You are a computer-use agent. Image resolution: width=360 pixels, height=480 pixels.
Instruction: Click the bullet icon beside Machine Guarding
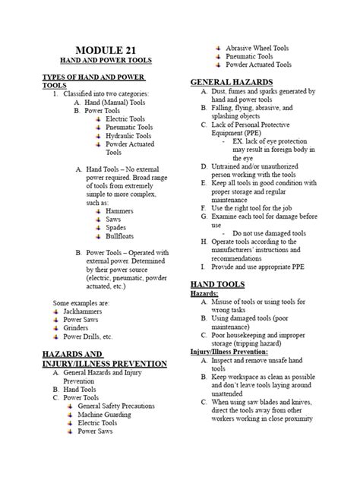tap(69, 416)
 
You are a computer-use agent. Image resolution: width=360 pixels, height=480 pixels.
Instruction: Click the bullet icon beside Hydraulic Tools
tap(99, 137)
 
